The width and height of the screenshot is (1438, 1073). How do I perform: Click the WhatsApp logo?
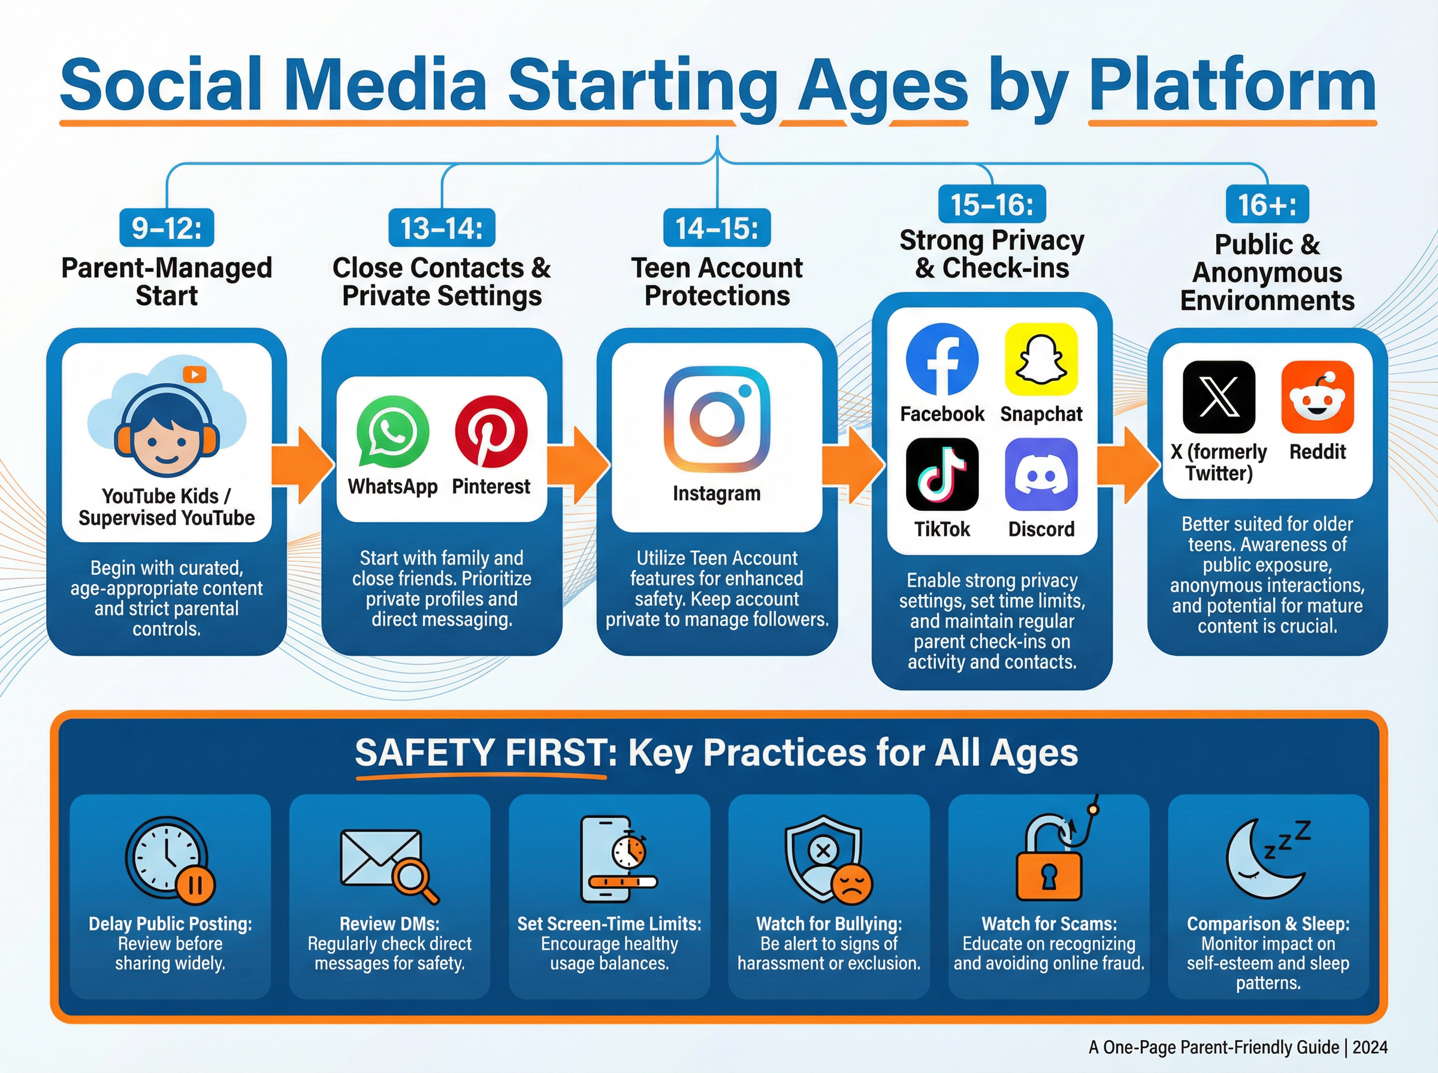[x=392, y=432]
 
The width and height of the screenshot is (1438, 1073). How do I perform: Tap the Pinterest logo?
[x=491, y=432]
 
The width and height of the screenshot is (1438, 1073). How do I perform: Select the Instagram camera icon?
[x=717, y=419]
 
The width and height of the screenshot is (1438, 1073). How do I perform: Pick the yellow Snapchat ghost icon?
[x=1041, y=359]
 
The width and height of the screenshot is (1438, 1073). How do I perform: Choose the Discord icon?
[x=1041, y=474]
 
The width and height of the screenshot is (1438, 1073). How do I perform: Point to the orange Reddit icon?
[x=1317, y=397]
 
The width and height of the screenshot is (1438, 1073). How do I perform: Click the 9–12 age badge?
[x=167, y=228]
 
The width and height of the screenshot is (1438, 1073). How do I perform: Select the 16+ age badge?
[x=1267, y=205]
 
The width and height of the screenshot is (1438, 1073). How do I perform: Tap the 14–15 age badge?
[x=717, y=228]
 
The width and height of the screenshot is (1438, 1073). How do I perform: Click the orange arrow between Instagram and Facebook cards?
[x=853, y=465]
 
